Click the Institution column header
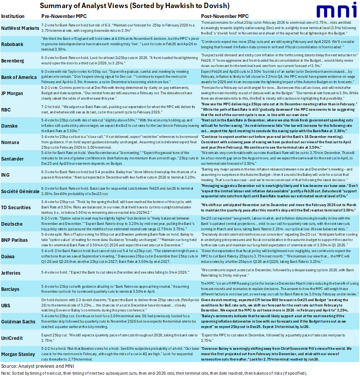coord(13,16)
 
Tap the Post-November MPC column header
coord(225,16)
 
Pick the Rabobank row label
coord(13,44)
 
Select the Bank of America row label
coord(19,77)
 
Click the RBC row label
coord(7,109)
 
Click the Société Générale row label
coord(20,191)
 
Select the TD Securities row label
coord(16,207)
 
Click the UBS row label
coord(7,306)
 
